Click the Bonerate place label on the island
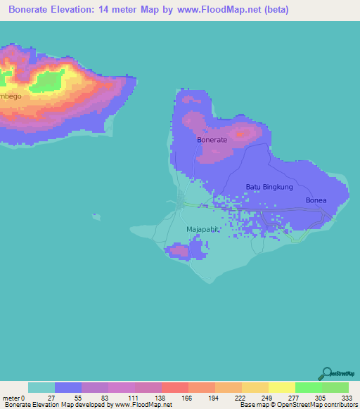click(212, 140)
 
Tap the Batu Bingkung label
click(269, 187)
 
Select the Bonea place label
click(316, 200)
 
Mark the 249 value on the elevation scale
click(265, 397)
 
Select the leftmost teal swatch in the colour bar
click(41, 387)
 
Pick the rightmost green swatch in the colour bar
click(335, 387)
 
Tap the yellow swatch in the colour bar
click(282, 387)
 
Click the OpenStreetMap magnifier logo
click(327, 373)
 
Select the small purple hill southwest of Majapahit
click(177, 249)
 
